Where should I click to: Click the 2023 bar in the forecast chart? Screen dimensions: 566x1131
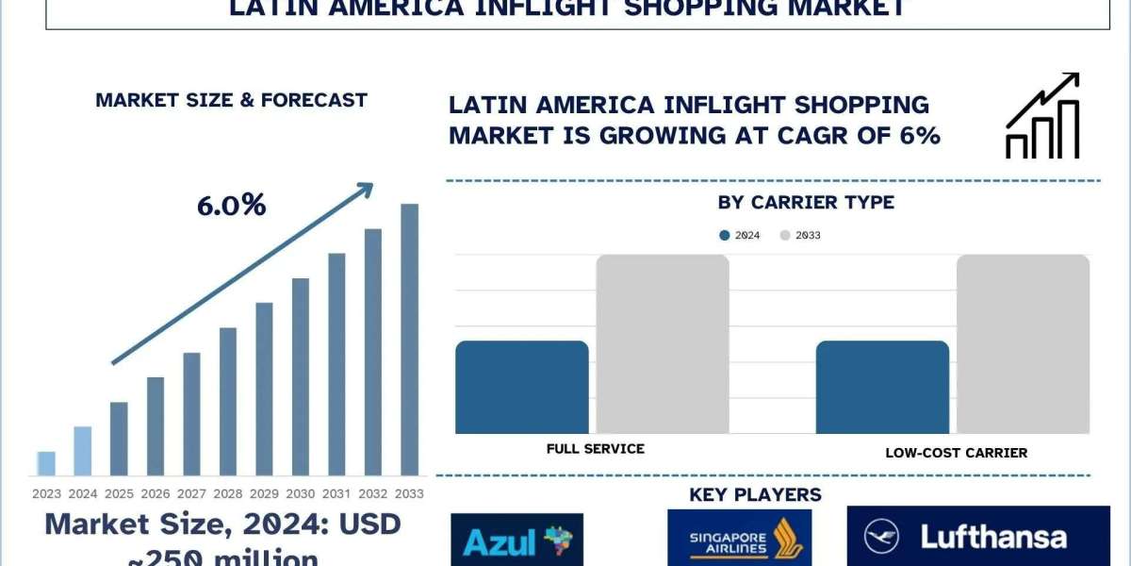coord(46,463)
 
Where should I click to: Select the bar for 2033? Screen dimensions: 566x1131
coord(409,340)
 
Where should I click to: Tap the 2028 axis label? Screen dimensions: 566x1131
coord(228,493)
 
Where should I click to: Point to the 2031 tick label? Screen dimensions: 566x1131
coord(336,493)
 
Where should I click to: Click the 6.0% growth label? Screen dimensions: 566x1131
coord(232,205)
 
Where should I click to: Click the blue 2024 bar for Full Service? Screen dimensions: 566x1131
coord(522,387)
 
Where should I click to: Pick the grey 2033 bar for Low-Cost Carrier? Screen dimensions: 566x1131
coord(1023,344)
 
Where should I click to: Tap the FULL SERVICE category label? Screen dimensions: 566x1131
coord(596,449)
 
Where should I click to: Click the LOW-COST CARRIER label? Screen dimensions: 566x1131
coord(957,453)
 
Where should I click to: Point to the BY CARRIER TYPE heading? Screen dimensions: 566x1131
coord(806,202)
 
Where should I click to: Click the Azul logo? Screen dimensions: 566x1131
coord(516,539)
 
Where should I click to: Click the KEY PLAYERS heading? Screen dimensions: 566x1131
coord(755,494)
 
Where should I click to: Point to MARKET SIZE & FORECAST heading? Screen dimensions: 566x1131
coord(231,100)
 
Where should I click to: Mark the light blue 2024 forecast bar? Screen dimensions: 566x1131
coord(83,451)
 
